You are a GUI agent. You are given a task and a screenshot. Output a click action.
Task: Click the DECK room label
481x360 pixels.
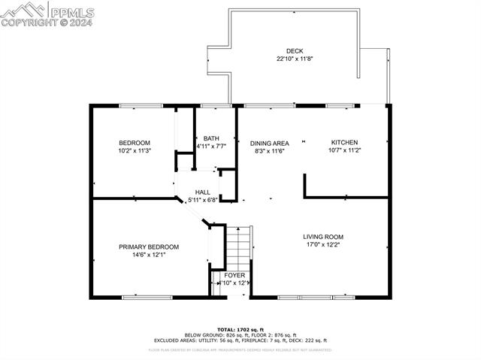coord(295,51)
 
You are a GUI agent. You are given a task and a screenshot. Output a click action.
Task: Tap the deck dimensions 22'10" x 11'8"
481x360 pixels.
coord(295,59)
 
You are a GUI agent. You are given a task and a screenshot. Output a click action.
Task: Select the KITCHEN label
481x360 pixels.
coord(344,142)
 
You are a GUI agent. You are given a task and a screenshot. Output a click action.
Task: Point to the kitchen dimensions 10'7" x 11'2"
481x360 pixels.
coord(344,150)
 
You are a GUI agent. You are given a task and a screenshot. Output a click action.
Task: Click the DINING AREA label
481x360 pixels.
coord(270,143)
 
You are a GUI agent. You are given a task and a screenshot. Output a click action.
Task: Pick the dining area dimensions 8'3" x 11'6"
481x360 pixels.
coord(270,150)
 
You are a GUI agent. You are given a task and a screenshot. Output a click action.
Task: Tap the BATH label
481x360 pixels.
coord(211,138)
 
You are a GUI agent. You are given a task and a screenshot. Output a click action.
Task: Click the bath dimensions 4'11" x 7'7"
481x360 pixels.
coord(211,146)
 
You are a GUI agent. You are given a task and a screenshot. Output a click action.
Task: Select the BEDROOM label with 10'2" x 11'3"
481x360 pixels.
coord(135,143)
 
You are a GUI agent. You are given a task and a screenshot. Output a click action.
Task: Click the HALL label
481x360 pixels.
coord(203,192)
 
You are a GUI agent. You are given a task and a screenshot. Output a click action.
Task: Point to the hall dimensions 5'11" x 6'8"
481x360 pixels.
coord(202,200)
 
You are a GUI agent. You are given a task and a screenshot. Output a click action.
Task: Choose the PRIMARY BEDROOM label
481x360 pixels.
coord(149,247)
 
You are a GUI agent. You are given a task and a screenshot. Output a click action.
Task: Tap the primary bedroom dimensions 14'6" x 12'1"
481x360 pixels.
coord(149,255)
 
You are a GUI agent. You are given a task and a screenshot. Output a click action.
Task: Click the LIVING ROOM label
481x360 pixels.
coord(323,237)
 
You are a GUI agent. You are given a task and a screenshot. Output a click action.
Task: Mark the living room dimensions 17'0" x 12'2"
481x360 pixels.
coord(323,245)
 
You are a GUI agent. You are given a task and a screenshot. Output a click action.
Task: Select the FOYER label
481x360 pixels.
coord(234,275)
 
